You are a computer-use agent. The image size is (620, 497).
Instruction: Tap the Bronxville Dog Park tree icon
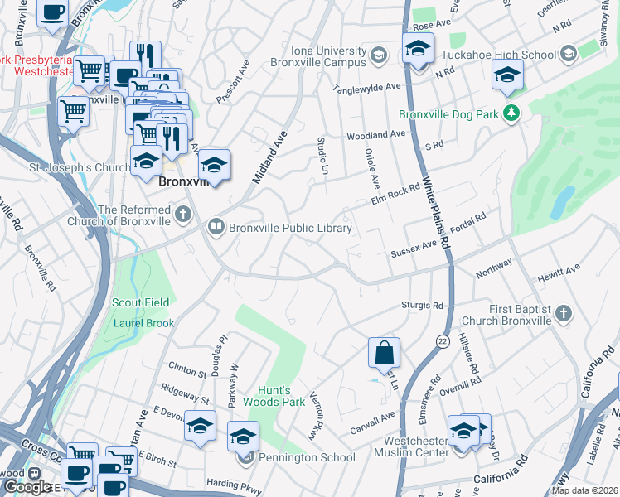(x=513, y=113)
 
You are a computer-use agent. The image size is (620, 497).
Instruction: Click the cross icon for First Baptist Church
(x=564, y=313)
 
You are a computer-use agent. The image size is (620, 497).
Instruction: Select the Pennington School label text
(x=307, y=457)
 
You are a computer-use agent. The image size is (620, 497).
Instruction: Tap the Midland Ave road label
(x=269, y=157)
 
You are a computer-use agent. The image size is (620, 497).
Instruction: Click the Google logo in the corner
(x=27, y=487)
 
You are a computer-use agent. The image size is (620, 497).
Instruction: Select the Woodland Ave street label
(x=375, y=133)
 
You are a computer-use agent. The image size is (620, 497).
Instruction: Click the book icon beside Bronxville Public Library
(x=216, y=225)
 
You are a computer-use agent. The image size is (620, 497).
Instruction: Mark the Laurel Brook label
(x=143, y=322)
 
